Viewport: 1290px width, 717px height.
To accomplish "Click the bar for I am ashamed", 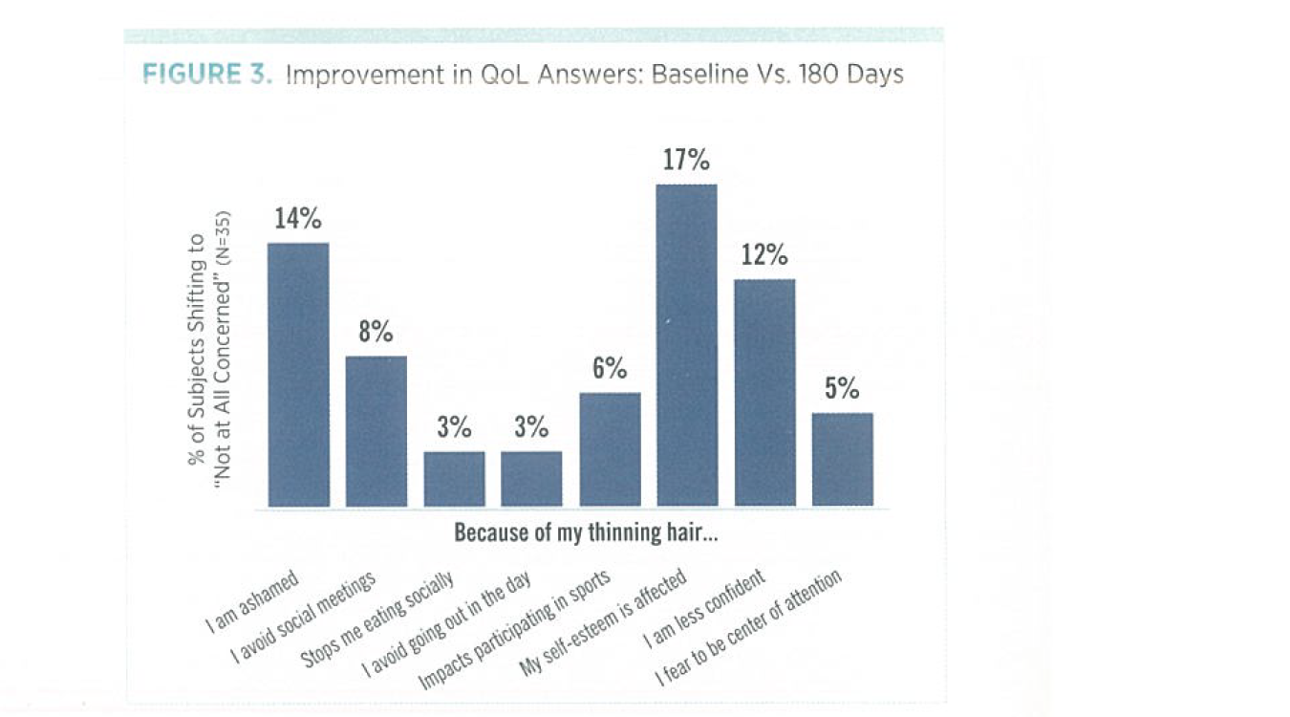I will (x=298, y=374).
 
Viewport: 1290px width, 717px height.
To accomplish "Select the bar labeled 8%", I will (x=376, y=431).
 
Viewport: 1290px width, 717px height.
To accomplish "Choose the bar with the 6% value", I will (x=610, y=448).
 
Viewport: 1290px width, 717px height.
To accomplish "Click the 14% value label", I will (x=298, y=219).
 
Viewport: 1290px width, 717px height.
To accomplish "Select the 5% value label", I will (x=842, y=389).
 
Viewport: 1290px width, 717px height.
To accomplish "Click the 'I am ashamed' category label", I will (x=253, y=602).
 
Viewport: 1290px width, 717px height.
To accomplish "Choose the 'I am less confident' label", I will (x=704, y=609).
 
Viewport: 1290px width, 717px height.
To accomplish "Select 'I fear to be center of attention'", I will (x=748, y=628).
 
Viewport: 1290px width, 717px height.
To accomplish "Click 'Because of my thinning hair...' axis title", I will (x=586, y=532).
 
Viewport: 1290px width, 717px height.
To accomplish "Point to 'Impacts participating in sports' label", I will (x=514, y=633).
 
